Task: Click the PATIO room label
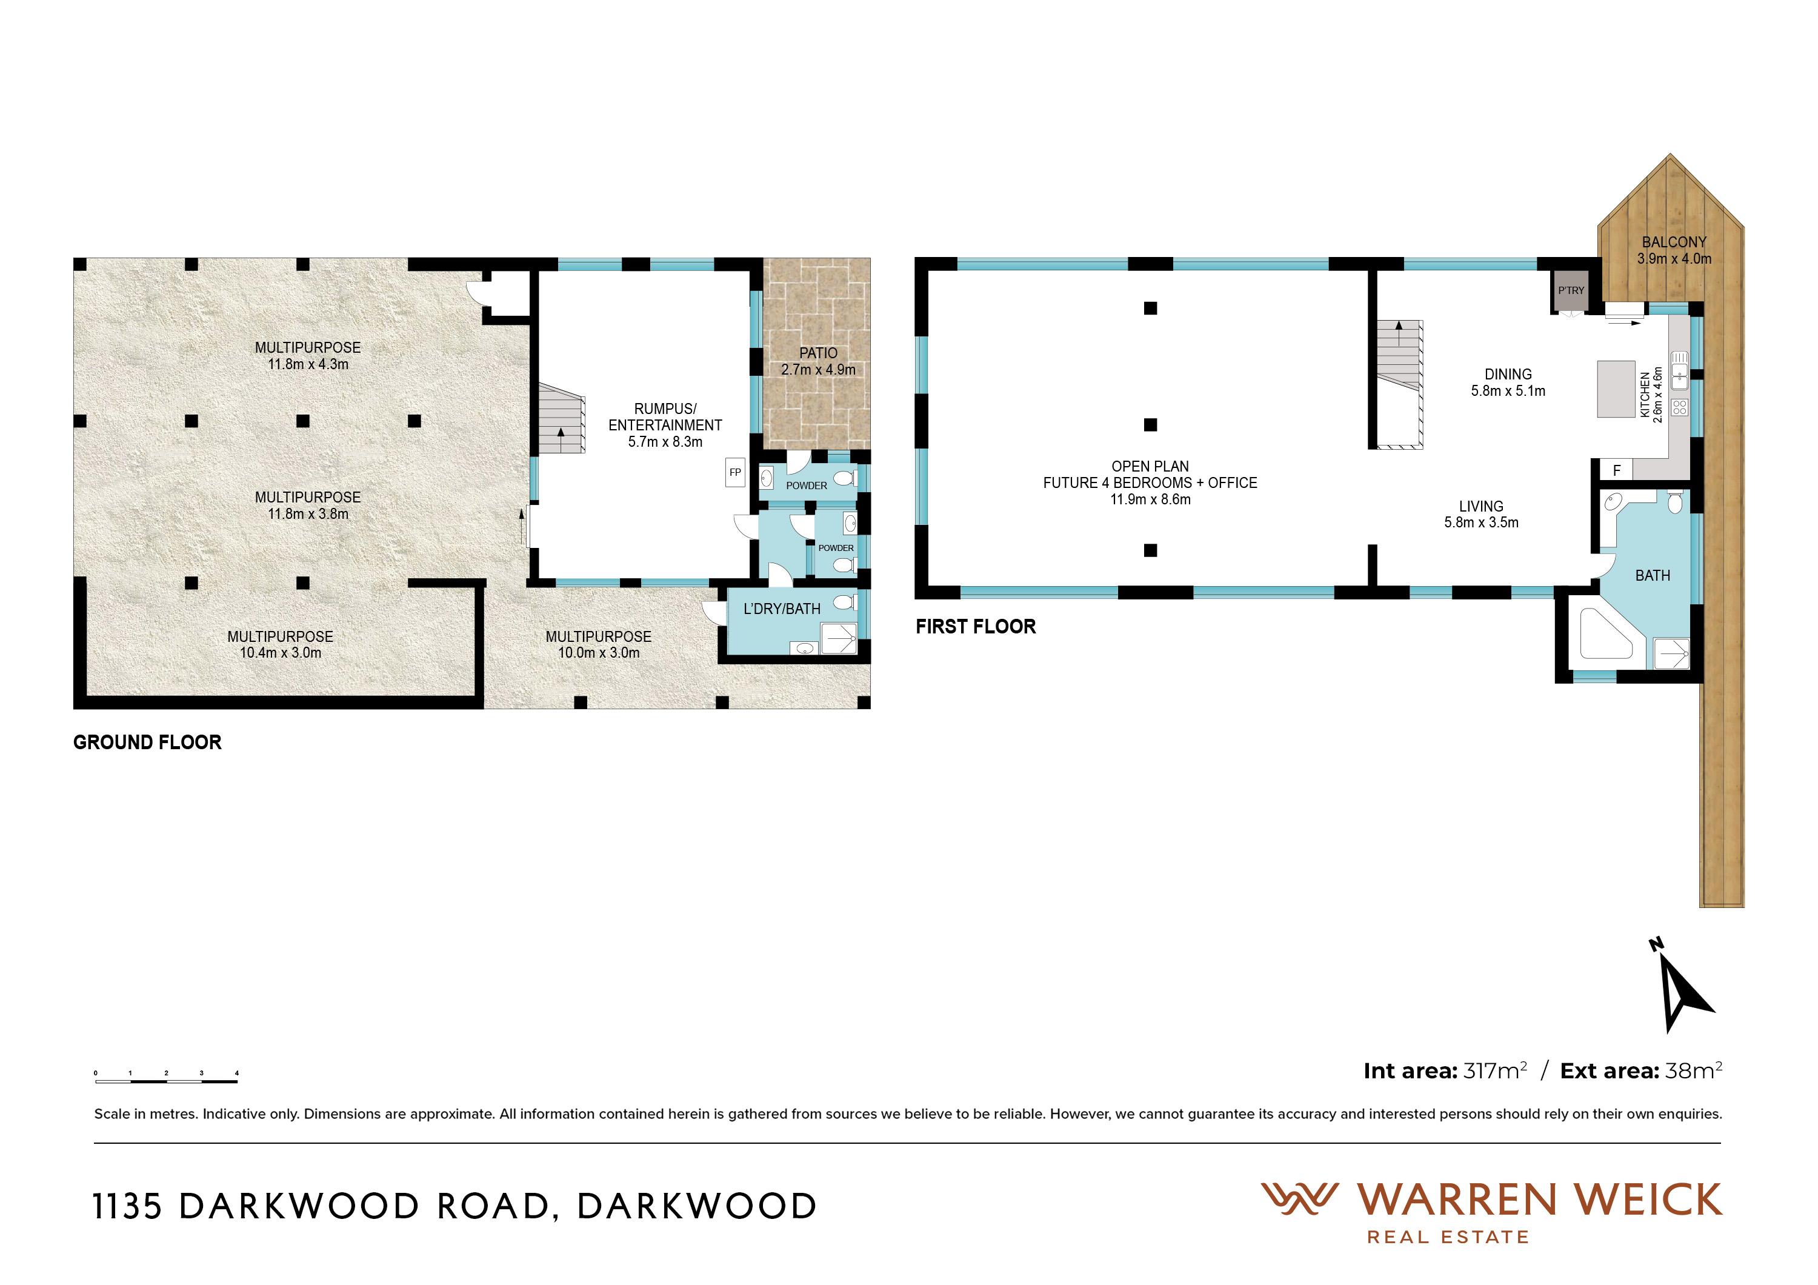[x=818, y=353]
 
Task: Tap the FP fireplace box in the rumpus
[x=736, y=473]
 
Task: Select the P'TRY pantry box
[x=1571, y=290]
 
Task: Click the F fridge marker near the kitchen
[x=1617, y=470]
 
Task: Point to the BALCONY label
[x=1674, y=242]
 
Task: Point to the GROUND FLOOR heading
[x=147, y=743]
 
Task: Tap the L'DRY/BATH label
[x=782, y=609]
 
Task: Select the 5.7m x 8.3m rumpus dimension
[x=665, y=442]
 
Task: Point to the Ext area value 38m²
[x=1694, y=1070]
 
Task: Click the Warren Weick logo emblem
[x=1299, y=1200]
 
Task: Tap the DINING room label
[x=1508, y=375]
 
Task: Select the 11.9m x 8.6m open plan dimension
[x=1150, y=499]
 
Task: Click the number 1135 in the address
[x=127, y=1207]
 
